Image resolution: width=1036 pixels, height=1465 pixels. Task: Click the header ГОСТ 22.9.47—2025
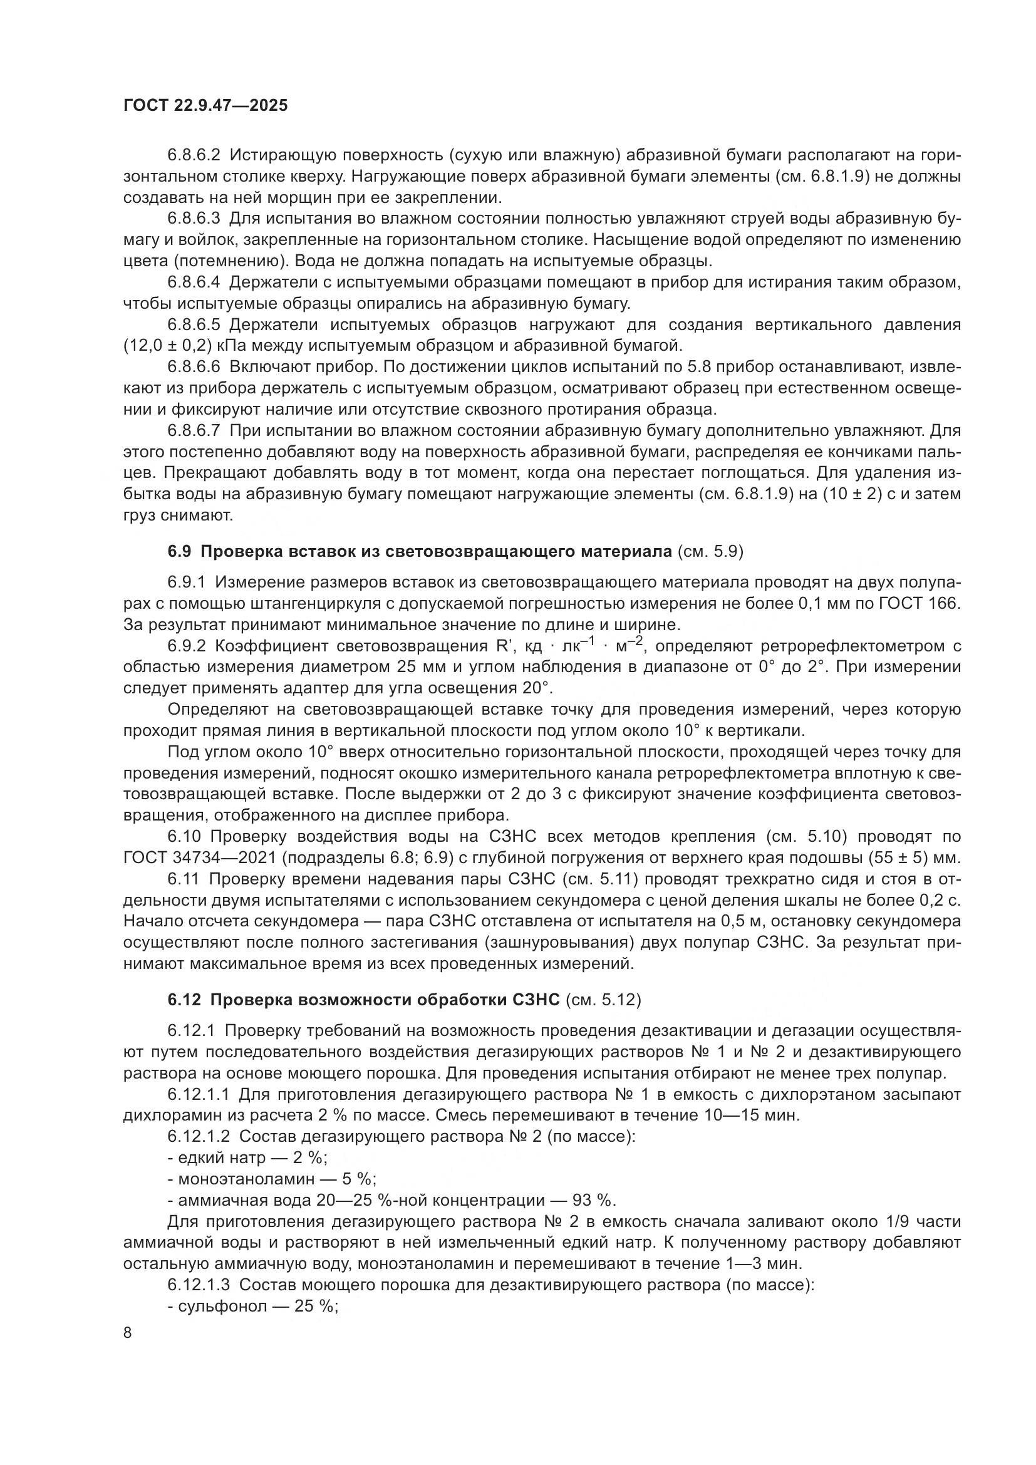(205, 105)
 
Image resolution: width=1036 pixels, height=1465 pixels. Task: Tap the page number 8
(128, 1333)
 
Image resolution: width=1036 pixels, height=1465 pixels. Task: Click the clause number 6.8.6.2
(194, 155)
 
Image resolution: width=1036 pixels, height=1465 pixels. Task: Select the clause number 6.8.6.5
(194, 325)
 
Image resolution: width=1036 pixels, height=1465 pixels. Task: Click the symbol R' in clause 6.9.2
(506, 646)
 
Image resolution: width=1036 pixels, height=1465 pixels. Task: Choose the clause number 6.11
(185, 879)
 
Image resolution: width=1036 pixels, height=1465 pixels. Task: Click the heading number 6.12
(185, 1000)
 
